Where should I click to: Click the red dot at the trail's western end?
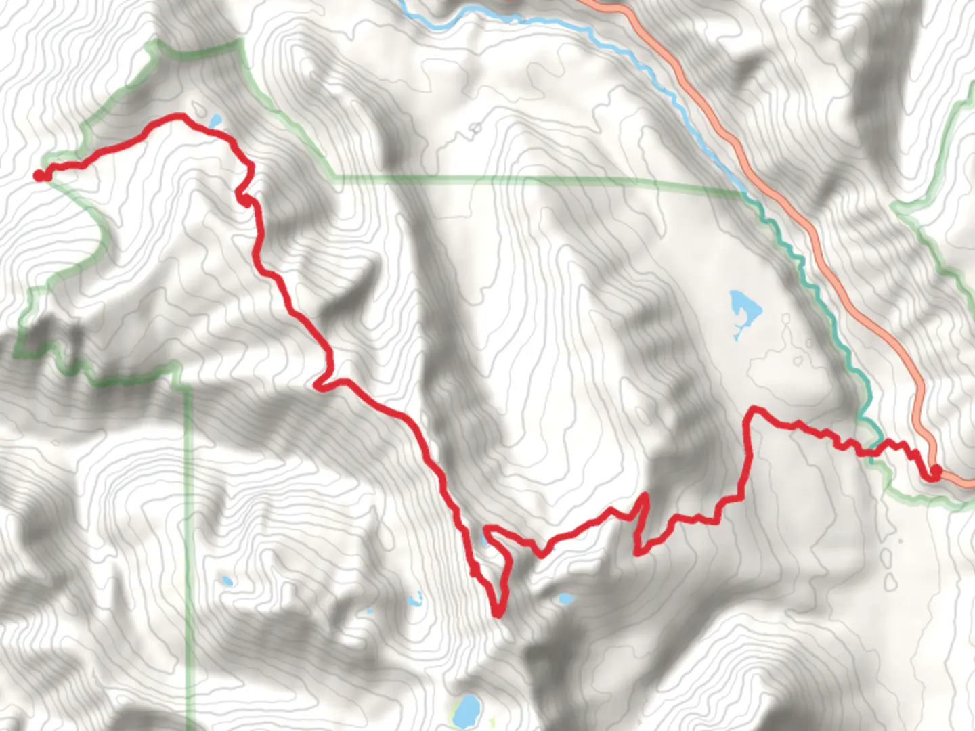[x=40, y=176]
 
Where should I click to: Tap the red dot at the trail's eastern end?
[x=936, y=471]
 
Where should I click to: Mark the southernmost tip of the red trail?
[x=498, y=613]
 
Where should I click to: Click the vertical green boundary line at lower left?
[x=189, y=541]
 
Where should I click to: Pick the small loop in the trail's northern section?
[x=244, y=197]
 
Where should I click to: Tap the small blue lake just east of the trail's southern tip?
[x=565, y=599]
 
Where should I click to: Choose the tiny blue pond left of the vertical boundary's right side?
[x=226, y=581]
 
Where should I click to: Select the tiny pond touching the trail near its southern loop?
[x=484, y=539]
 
